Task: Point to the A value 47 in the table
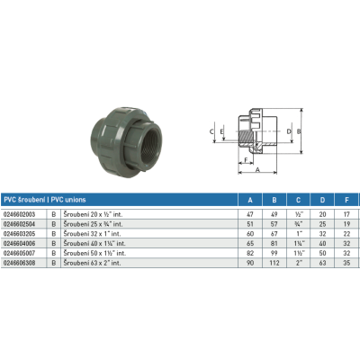pyautogui.click(x=249, y=213)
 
